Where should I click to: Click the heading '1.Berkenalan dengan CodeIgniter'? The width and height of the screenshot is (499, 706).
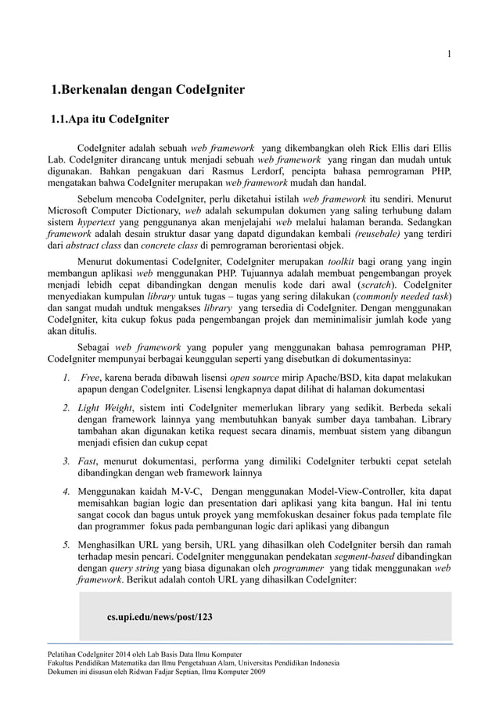147,91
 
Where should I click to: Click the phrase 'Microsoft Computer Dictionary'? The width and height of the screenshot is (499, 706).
109,212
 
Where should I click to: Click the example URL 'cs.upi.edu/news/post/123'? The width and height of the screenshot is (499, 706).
159,617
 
